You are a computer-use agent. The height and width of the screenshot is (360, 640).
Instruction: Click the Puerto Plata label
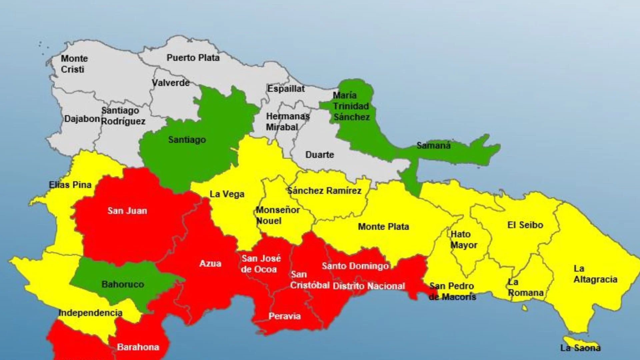click(193, 58)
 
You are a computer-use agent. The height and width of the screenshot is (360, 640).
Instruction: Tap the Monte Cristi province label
click(74, 64)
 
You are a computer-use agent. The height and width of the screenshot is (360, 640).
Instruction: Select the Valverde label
click(171, 82)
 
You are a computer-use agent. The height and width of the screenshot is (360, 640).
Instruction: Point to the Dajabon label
click(82, 119)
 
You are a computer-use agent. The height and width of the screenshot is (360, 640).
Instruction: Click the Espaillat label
click(286, 89)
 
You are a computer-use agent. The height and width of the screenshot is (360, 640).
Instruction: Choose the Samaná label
click(433, 145)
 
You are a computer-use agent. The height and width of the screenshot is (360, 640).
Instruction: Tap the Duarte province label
click(320, 155)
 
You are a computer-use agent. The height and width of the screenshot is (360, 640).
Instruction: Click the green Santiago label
click(187, 140)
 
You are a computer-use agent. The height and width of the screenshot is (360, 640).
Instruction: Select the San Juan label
click(127, 211)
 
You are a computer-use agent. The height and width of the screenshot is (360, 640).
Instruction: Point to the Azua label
click(210, 264)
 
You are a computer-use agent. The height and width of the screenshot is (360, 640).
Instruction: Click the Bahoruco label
click(123, 284)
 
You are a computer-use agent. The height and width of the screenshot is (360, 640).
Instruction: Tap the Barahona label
click(138, 347)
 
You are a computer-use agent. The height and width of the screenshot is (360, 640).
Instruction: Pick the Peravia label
click(285, 316)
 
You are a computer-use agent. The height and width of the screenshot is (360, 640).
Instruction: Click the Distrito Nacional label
click(369, 286)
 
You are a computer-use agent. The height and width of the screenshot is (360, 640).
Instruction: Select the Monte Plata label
click(383, 227)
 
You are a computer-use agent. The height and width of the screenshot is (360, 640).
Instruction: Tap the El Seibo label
click(525, 225)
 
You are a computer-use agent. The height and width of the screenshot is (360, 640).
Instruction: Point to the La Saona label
click(580, 348)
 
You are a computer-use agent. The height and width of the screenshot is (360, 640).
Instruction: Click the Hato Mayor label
click(464, 240)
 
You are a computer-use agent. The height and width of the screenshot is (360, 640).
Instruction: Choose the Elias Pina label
click(70, 185)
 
